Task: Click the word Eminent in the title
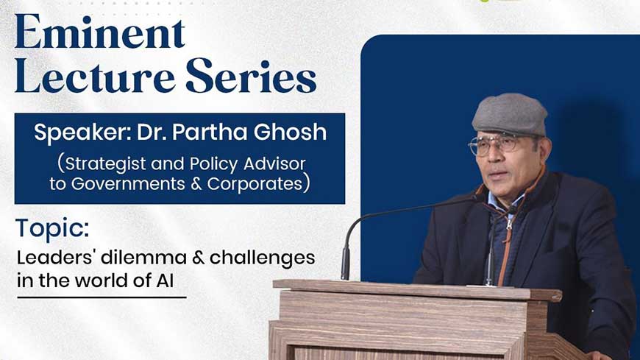100,32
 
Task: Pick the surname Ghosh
290,132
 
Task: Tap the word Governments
128,183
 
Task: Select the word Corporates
255,183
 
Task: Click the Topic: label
52,229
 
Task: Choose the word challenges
262,258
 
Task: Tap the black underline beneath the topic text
102,297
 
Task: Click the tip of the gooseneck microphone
474,199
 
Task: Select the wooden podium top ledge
417,289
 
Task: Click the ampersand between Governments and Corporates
196,183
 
